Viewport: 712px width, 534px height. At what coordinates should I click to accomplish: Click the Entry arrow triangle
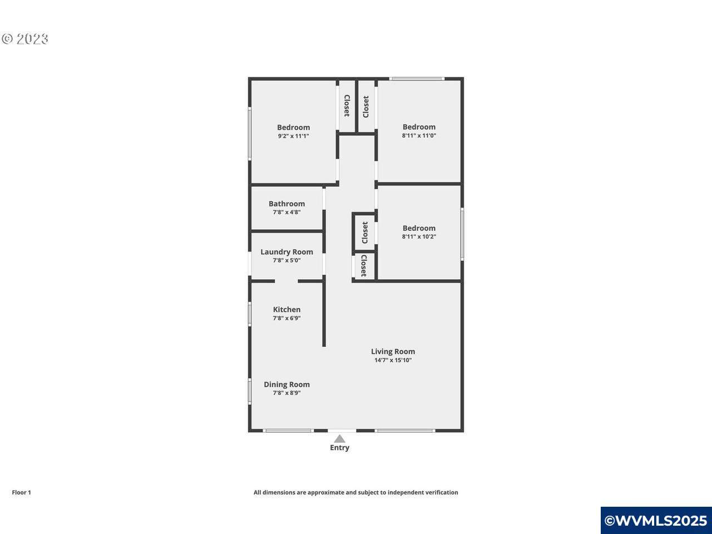tap(339, 439)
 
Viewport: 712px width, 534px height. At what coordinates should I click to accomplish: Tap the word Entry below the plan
tap(340, 448)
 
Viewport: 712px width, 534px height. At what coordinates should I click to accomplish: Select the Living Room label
tap(393, 352)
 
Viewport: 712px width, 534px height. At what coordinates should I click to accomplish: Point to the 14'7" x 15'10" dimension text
tap(393, 360)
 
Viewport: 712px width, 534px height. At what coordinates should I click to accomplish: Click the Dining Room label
tap(286, 384)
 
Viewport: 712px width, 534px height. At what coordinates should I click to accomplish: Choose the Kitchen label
tap(286, 310)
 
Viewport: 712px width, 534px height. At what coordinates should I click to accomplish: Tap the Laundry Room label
tap(286, 252)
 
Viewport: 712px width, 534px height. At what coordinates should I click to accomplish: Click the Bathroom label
tap(286, 204)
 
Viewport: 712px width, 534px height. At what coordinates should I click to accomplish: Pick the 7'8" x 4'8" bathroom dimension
tap(286, 212)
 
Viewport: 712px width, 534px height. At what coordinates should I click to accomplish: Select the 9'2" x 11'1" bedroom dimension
tap(293, 136)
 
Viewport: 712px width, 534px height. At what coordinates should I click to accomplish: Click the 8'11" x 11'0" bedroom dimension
tap(419, 136)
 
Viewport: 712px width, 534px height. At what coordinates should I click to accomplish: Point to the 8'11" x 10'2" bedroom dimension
tap(419, 236)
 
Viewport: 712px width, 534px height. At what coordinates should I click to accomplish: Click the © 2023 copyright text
tap(25, 39)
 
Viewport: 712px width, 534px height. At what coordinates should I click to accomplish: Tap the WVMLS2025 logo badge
tap(656, 521)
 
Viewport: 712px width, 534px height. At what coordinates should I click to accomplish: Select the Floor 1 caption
tap(21, 492)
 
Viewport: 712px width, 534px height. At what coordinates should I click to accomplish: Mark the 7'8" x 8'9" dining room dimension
tap(286, 393)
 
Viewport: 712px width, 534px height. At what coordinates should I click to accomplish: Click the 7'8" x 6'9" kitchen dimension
tap(286, 318)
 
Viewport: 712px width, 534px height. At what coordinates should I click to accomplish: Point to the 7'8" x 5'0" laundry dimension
tap(286, 260)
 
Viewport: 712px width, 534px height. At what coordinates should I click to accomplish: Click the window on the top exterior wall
tap(417, 78)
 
